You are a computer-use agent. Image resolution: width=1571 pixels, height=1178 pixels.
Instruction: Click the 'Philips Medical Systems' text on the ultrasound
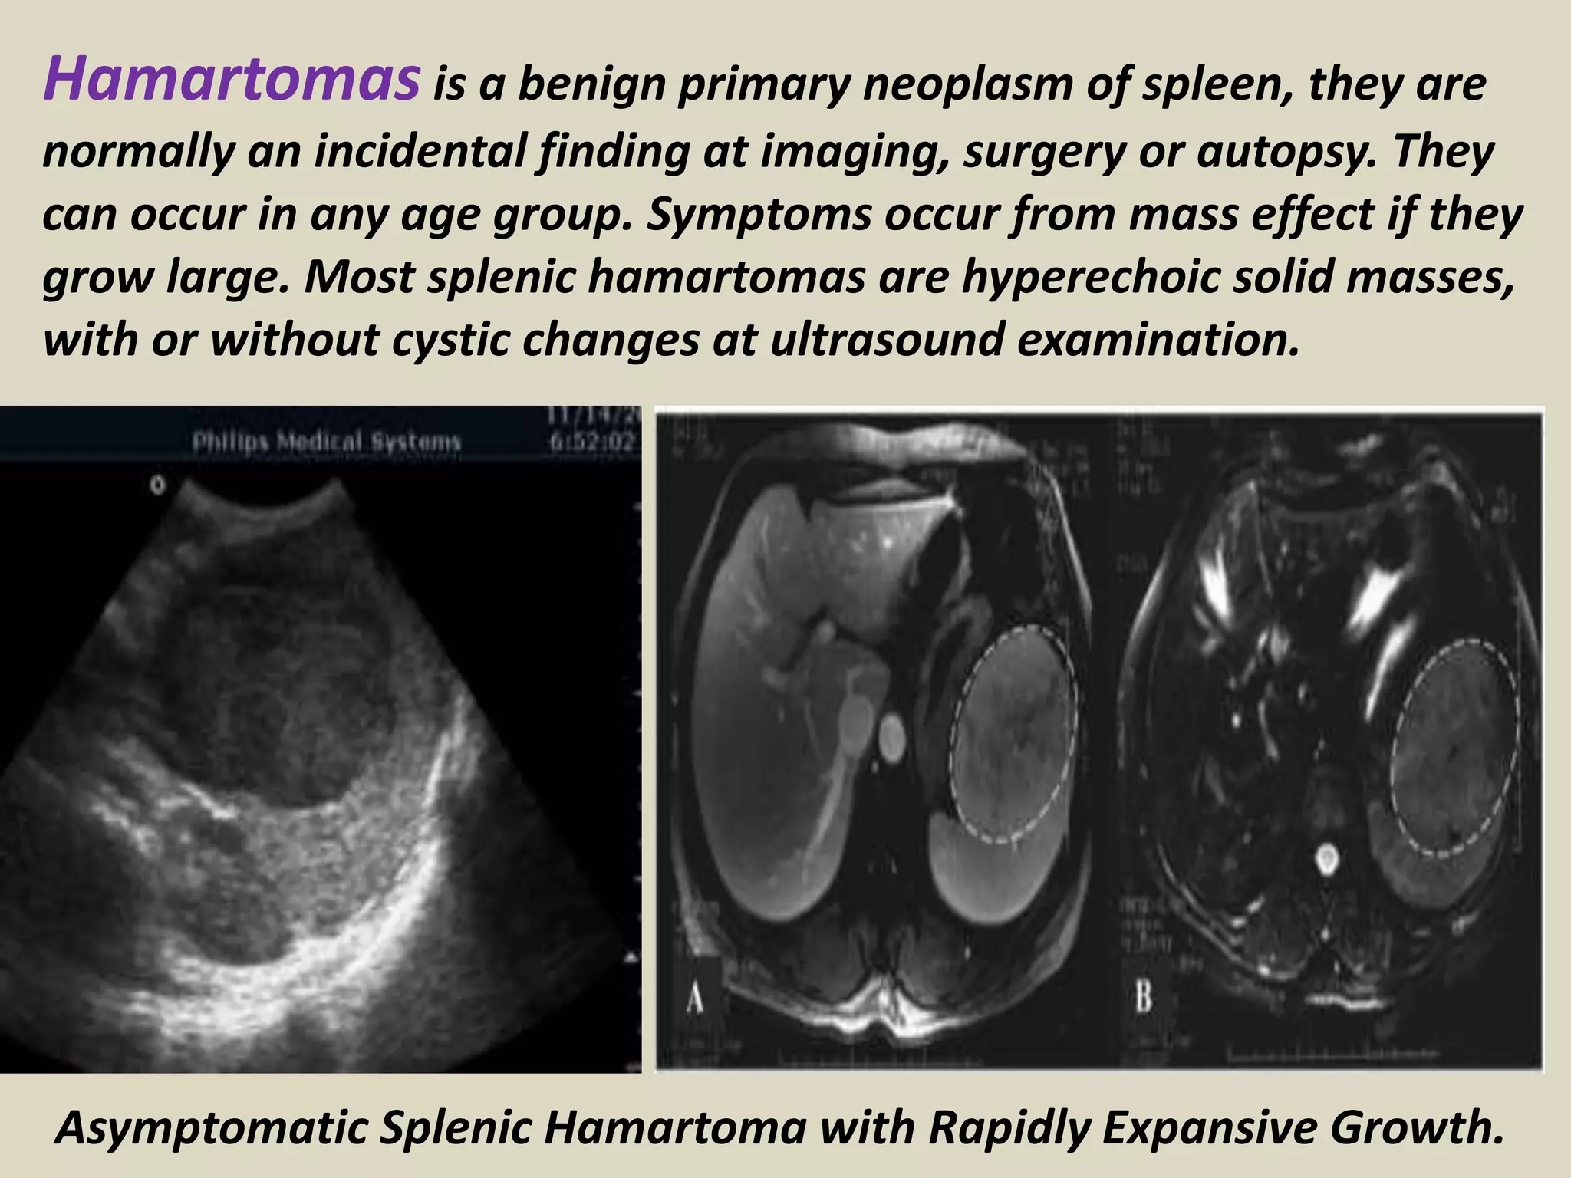coord(326,442)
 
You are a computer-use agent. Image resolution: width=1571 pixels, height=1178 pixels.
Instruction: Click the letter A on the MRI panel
coord(694,999)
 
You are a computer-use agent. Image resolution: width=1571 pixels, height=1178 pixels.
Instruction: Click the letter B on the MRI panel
coord(1143,999)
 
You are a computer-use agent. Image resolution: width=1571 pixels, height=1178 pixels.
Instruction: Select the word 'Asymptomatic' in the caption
coord(212,1127)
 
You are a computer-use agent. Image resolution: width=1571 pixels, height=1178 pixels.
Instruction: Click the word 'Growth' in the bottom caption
coord(1416,1127)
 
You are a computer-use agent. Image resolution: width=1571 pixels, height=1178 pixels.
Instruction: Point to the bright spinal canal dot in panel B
coord(1326,859)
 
